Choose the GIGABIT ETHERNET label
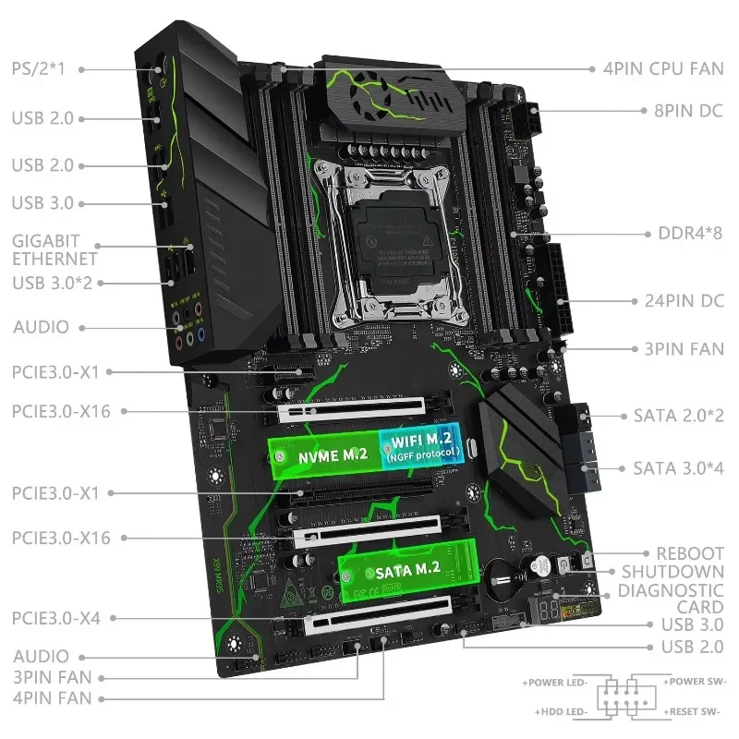[54, 248]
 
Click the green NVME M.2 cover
[323, 453]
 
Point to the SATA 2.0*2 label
[679, 417]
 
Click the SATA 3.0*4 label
[679, 468]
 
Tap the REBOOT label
[689, 553]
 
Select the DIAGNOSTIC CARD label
[671, 599]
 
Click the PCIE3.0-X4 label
[55, 617]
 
